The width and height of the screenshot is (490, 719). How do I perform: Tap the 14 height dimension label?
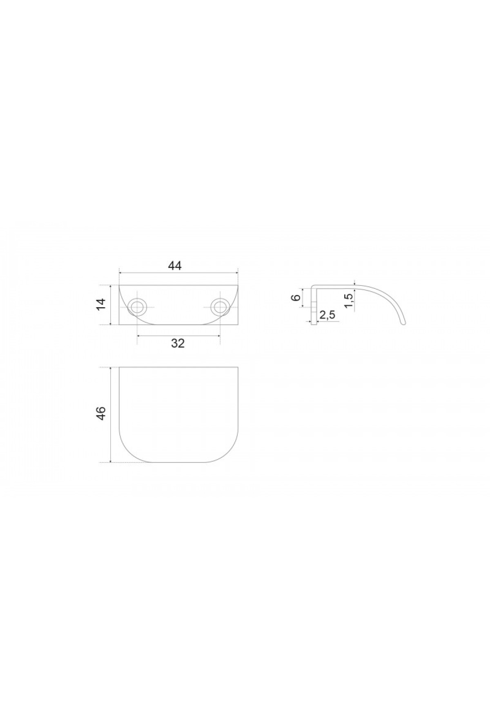coord(102,304)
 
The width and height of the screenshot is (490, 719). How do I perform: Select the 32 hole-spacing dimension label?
coord(178,344)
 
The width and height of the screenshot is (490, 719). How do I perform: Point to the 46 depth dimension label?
coord(102,414)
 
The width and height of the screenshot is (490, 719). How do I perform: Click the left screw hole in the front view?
coord(137,306)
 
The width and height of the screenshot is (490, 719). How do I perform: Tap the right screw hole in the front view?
coord(220,306)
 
